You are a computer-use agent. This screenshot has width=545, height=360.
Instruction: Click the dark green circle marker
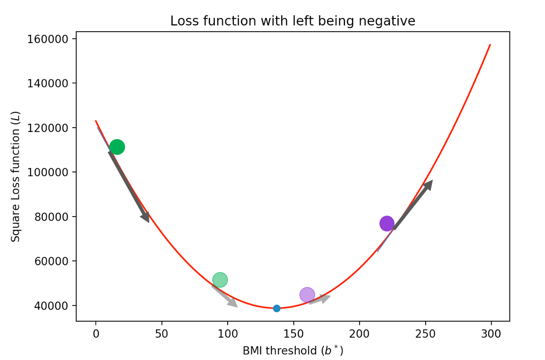117,147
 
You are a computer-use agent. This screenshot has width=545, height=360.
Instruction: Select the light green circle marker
220,279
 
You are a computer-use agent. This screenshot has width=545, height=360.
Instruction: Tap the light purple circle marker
307,295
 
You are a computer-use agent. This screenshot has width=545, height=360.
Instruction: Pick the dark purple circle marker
387,224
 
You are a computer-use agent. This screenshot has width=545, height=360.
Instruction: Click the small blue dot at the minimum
276,309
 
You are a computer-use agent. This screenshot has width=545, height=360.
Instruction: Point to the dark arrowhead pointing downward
145,217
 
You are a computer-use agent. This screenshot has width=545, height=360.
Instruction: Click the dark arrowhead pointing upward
428,185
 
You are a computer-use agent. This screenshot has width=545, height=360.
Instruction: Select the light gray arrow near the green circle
225,296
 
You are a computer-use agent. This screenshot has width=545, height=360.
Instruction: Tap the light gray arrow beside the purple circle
320,299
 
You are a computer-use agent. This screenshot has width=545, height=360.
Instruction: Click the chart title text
293,21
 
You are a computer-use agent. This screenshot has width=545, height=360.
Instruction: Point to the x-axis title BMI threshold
293,351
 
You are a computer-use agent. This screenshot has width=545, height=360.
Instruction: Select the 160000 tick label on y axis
48,39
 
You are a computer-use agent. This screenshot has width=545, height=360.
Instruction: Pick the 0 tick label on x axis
96,334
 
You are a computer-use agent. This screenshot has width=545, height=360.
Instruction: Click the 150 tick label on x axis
294,334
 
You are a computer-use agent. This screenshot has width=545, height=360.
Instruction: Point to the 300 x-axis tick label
491,334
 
